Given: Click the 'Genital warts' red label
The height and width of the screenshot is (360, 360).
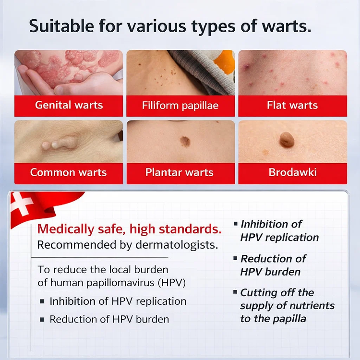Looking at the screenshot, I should [69, 106].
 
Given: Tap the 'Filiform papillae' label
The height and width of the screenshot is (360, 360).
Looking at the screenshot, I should [180, 106].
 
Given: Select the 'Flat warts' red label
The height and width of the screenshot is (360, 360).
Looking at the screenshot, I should [292, 106].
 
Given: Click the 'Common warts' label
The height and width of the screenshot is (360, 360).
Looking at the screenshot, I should [69, 173].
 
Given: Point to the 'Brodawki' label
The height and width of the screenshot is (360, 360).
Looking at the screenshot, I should [292, 173].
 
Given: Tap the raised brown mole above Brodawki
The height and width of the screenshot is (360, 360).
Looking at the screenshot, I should [287, 140].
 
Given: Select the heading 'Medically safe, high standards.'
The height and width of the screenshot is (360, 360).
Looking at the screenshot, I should [130, 228].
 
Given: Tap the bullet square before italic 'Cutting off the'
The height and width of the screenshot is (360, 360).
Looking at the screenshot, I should [235, 292].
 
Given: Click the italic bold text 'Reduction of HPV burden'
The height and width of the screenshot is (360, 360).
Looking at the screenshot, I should [273, 265].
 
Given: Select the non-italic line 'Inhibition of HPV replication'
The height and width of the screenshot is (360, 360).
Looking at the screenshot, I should [118, 301].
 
